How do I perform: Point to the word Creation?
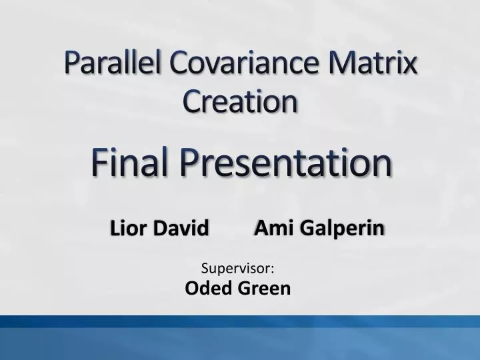point(240,101)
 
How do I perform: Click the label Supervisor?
point(239,269)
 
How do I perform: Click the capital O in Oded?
point(191,288)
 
